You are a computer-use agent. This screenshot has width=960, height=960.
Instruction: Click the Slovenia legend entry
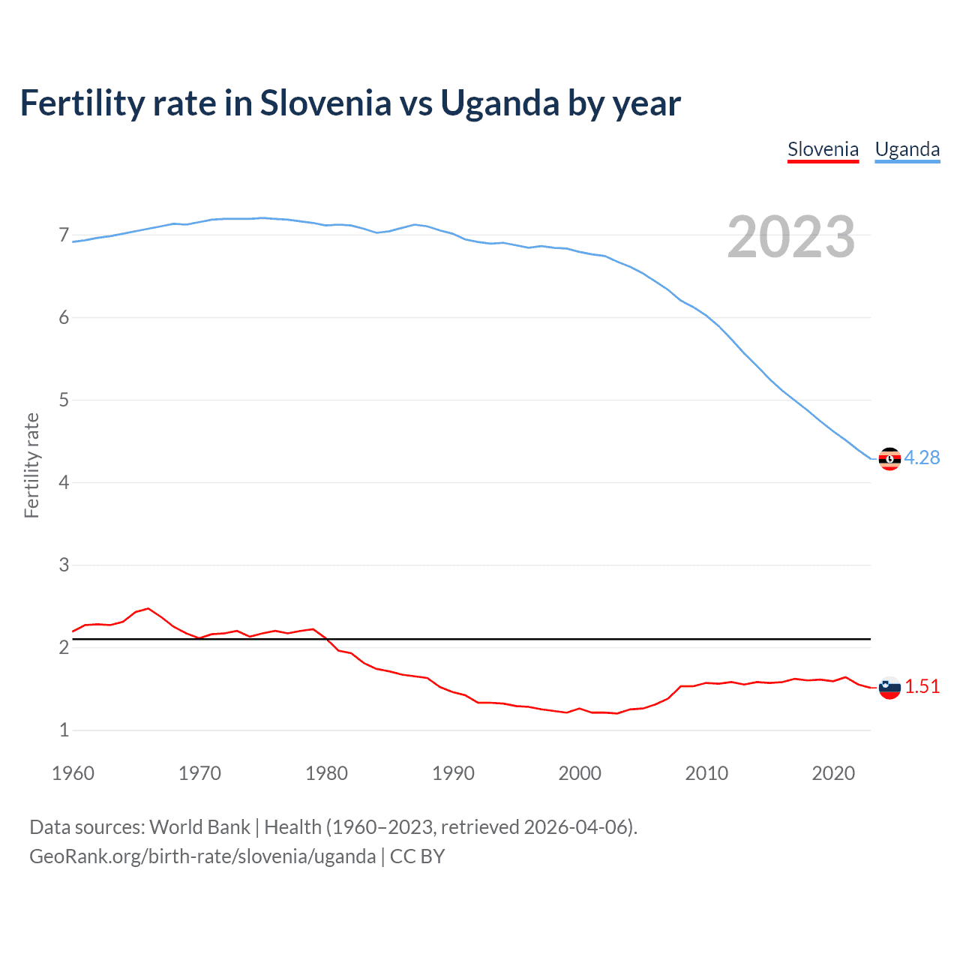pyautogui.click(x=823, y=149)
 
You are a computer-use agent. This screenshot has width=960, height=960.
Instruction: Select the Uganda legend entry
pyautogui.click(x=907, y=149)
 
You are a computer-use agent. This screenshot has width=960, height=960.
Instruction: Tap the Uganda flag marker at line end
pyautogui.click(x=889, y=458)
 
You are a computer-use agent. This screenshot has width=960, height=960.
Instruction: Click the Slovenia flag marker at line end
pyautogui.click(x=889, y=687)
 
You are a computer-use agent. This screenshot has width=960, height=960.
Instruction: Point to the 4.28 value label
pyautogui.click(x=922, y=457)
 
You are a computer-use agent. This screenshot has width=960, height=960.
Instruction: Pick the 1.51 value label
pyautogui.click(x=922, y=686)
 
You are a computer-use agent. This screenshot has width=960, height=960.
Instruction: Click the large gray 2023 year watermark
pyautogui.click(x=791, y=237)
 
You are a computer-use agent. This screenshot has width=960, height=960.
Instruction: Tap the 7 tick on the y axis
pyautogui.click(x=64, y=235)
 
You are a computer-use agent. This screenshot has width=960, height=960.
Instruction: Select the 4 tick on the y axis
pyautogui.click(x=64, y=482)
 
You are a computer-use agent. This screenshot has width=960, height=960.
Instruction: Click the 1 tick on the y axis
pyautogui.click(x=64, y=730)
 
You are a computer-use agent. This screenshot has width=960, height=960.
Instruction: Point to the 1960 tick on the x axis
pyautogui.click(x=73, y=773)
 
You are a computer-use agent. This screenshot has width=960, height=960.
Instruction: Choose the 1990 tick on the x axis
pyautogui.click(x=453, y=773)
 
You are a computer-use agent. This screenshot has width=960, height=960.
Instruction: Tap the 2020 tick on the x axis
pyautogui.click(x=833, y=773)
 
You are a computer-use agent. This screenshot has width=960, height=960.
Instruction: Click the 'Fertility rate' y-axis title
pyautogui.click(x=31, y=465)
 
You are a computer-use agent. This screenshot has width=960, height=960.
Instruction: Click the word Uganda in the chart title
pyautogui.click(x=499, y=103)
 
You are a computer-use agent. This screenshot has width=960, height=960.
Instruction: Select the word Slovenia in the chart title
pyautogui.click(x=325, y=103)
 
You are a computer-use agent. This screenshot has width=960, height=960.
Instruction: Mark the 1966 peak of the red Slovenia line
pyautogui.click(x=148, y=608)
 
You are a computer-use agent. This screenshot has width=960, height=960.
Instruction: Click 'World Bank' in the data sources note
pyautogui.click(x=199, y=827)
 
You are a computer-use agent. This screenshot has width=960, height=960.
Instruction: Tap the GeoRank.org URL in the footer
pyautogui.click(x=202, y=856)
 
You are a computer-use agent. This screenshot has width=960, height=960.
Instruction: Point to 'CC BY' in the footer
pyautogui.click(x=418, y=856)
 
